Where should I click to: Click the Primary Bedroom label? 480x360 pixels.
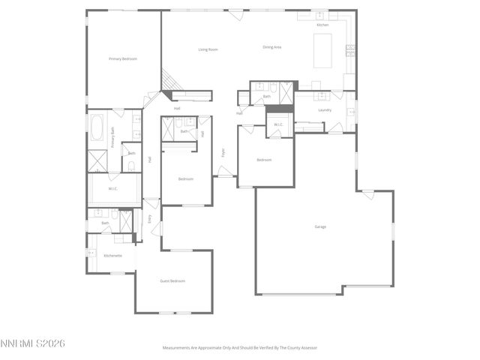pos(123,58)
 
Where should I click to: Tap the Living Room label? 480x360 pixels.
pos(208,49)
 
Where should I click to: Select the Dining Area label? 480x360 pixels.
pos(271,47)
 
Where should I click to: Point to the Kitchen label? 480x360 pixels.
pos(322,25)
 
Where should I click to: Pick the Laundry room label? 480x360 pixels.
pos(325,109)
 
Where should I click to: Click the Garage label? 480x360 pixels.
pos(320,226)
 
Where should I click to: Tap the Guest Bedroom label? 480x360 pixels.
pos(172,280)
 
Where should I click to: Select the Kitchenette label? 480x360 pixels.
pos(113,255)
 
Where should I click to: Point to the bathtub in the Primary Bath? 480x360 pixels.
pos(98,127)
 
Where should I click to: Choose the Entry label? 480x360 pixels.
pos(149,218)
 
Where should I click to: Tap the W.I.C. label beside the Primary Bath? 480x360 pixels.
pos(113,188)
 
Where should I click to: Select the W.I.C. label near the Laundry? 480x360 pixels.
pos(277,124)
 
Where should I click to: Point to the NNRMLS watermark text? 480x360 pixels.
pos(33,343)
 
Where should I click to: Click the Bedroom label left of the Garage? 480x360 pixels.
pos(264,160)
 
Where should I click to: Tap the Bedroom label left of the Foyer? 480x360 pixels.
pos(186,178)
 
